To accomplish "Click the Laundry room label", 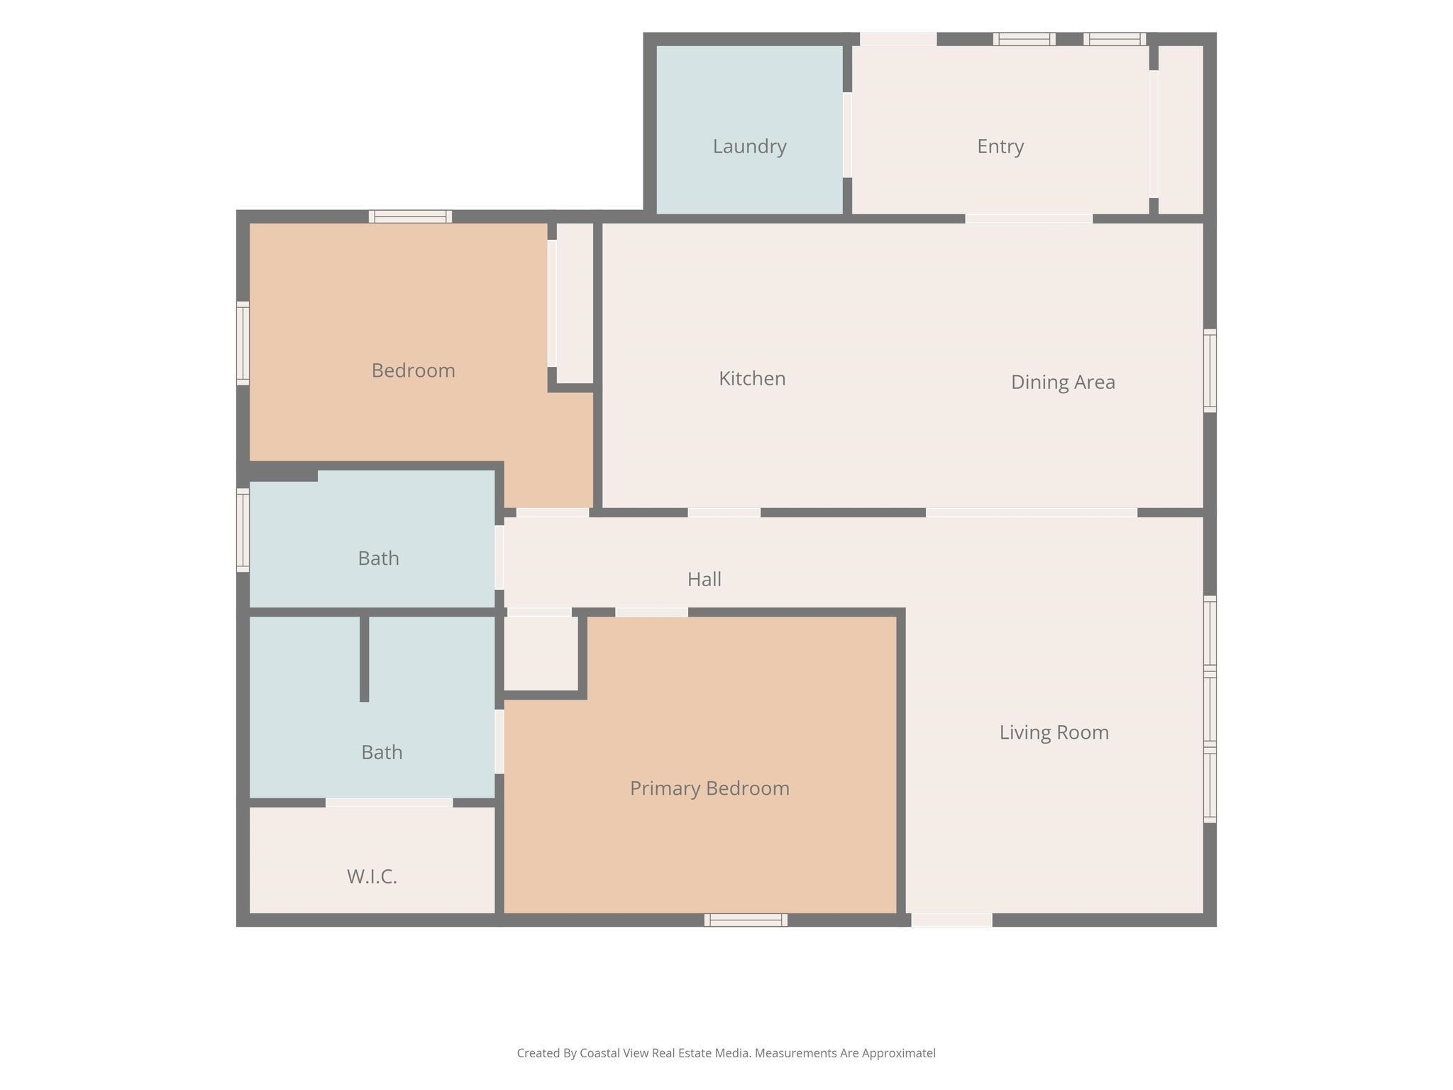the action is (749, 147).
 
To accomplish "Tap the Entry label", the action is (1000, 147).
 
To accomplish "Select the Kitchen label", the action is (752, 378).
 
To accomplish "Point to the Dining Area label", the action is (1063, 382).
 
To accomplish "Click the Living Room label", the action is (1054, 732).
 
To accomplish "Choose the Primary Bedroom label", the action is (709, 788).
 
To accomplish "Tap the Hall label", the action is (705, 579).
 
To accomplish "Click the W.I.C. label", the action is (372, 877).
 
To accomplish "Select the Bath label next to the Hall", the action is (378, 558).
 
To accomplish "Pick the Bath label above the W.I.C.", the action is (382, 752).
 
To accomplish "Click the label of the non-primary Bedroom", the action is (413, 370).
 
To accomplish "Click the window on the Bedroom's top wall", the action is (410, 216).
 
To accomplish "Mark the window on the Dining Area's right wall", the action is (1210, 370).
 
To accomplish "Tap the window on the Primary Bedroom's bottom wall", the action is (746, 920).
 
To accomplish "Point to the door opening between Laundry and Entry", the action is (847, 135).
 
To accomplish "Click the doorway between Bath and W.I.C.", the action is (389, 803).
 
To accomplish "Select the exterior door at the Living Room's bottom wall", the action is (951, 920).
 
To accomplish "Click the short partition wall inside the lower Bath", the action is (365, 659).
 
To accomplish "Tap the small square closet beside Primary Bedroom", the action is (541, 653).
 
